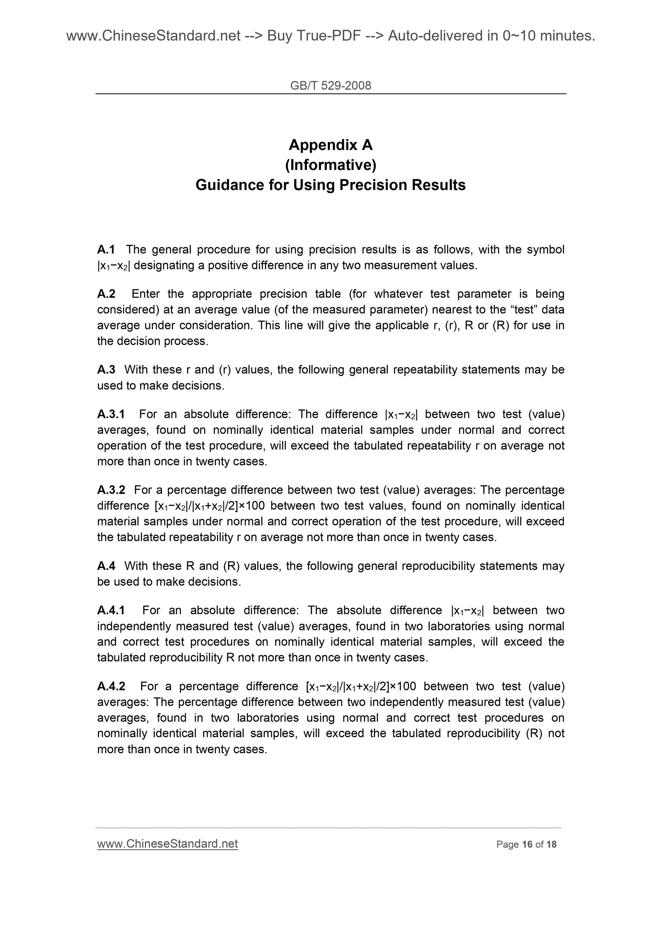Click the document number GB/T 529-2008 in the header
pyautogui.click(x=330, y=86)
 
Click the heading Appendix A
pyautogui.click(x=330, y=145)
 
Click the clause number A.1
pyautogui.click(x=106, y=249)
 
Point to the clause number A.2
pyautogui.click(x=106, y=293)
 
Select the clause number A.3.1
pyautogui.click(x=111, y=414)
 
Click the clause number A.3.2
pyautogui.click(x=111, y=490)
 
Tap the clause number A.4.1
pyautogui.click(x=111, y=610)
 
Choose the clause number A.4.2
pyautogui.click(x=111, y=686)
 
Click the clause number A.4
pyautogui.click(x=106, y=566)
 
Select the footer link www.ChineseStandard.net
pyautogui.click(x=167, y=844)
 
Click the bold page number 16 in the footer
pyautogui.click(x=527, y=844)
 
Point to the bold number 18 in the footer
pyautogui.click(x=551, y=844)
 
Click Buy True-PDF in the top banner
pyautogui.click(x=314, y=36)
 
